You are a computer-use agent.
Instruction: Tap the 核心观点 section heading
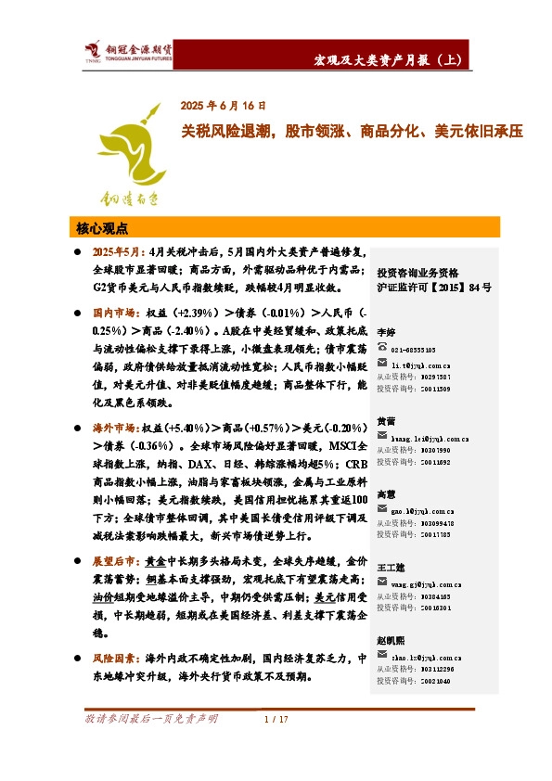tap(101, 227)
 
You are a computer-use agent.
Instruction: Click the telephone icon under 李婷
tap(382, 348)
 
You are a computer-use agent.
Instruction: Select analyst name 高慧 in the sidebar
tap(386, 493)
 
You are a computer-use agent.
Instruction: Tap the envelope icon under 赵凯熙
tap(382, 657)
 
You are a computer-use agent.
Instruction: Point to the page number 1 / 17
tap(276, 719)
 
